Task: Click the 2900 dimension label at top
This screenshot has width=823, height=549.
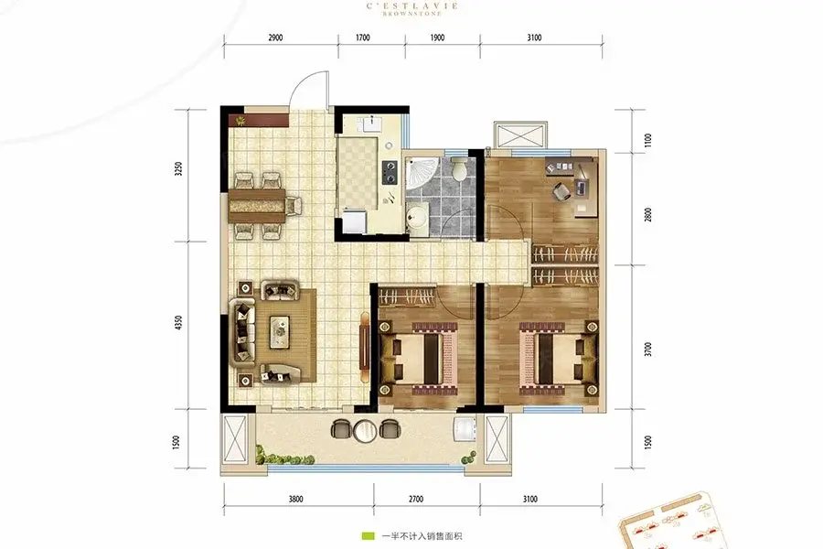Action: tap(275, 38)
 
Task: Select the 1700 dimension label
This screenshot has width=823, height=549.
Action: tap(363, 38)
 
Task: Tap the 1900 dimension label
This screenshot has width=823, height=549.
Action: tap(437, 38)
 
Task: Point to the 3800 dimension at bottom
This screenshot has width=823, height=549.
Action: tap(295, 499)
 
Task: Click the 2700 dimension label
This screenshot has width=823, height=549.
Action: tap(416, 499)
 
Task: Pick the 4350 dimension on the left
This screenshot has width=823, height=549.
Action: tap(179, 323)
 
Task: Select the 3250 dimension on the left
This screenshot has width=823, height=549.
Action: tap(179, 168)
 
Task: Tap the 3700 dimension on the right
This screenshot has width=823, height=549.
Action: tap(648, 350)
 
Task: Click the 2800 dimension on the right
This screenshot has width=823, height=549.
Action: tap(648, 214)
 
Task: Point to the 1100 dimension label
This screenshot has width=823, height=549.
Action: tap(648, 140)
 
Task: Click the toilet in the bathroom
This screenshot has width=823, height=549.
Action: tap(460, 168)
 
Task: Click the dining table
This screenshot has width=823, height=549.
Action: tap(257, 205)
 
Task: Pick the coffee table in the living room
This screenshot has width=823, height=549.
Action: tap(282, 331)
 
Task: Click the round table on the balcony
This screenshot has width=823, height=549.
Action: tap(363, 431)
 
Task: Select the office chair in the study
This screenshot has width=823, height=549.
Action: tap(561, 190)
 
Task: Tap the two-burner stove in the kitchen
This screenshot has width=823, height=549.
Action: tap(390, 172)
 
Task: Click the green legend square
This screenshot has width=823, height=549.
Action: tap(368, 536)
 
